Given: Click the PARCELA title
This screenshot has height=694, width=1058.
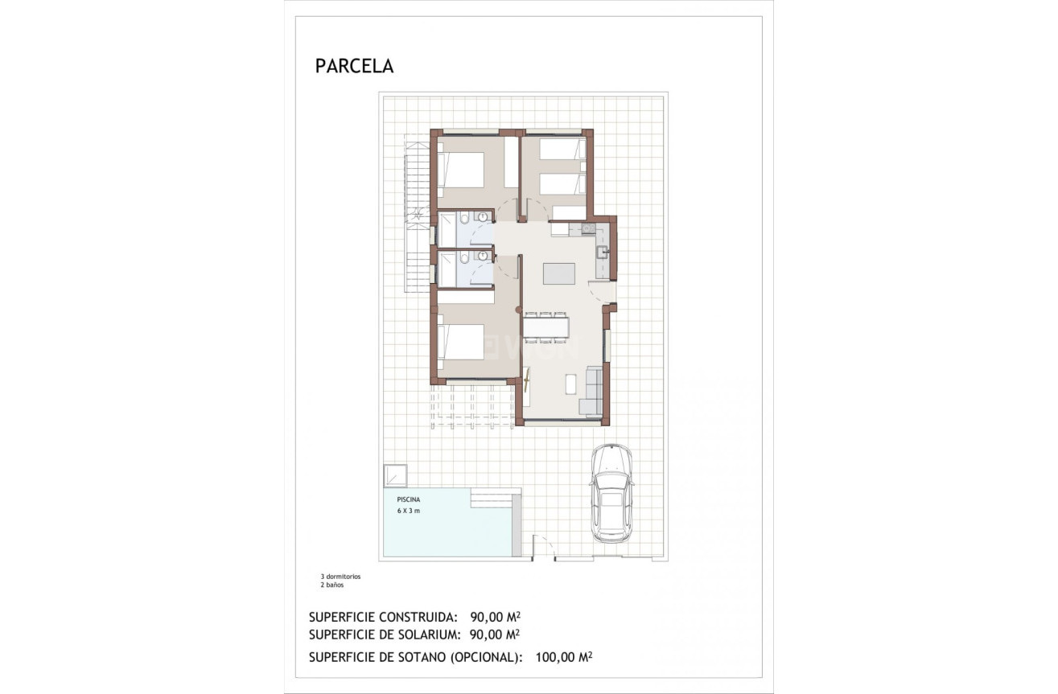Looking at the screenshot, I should pos(354,67).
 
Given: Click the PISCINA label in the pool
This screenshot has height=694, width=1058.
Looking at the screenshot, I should pos(409,499).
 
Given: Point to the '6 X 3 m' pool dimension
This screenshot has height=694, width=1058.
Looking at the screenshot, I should pos(409,511).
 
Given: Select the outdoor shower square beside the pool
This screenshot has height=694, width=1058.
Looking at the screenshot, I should pos(395,474).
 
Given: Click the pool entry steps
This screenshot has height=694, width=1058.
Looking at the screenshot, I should pos(491,501).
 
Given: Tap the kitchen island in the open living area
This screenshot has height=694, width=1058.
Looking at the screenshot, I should pos(559,273).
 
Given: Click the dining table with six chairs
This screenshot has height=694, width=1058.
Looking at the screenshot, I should pos(546,326).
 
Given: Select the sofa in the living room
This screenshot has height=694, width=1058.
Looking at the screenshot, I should pos(594,391).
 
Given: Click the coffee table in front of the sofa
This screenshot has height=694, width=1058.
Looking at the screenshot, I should pos(570,384).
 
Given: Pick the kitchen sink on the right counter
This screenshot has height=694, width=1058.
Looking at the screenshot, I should pos(603,252).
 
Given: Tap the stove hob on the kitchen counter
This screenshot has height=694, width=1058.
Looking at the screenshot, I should pos(588,229).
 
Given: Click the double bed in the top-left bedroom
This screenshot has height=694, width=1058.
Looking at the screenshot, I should pos(461,170).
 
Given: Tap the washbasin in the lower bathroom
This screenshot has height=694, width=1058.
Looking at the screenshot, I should pos(483,256).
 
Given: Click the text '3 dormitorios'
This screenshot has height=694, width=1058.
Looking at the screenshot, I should pos(340,577).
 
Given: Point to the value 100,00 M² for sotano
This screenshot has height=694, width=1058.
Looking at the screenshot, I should pos(563,657).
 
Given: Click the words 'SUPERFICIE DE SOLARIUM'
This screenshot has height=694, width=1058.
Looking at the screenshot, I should pos(383,634).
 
